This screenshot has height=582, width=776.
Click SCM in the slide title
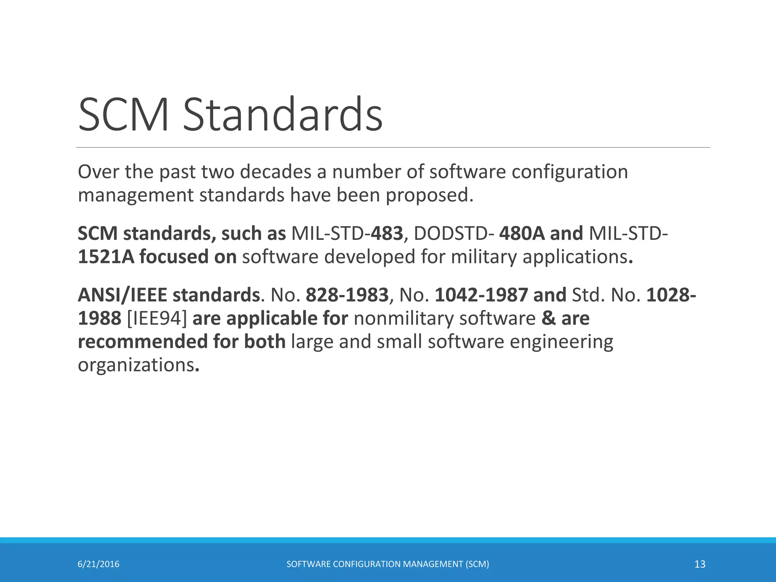click(x=124, y=114)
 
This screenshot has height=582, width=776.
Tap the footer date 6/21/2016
click(x=99, y=564)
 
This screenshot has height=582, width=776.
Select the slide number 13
click(x=700, y=564)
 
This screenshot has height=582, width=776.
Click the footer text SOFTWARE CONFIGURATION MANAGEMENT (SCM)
click(x=388, y=564)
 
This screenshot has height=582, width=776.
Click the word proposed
click(x=429, y=196)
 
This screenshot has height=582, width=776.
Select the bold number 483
click(x=387, y=233)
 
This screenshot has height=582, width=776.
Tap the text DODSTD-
click(x=454, y=233)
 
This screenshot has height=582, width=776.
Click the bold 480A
click(x=522, y=233)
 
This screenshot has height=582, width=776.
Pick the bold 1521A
click(x=106, y=257)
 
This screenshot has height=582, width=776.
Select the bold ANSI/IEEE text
click(x=122, y=295)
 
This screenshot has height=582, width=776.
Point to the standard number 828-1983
click(x=347, y=295)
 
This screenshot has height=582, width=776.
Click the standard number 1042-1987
click(x=481, y=295)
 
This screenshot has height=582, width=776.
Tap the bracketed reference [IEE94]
click(x=157, y=318)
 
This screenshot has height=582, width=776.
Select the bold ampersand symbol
click(x=548, y=318)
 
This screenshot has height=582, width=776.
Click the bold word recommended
click(x=142, y=342)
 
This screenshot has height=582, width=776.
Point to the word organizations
click(x=136, y=365)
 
